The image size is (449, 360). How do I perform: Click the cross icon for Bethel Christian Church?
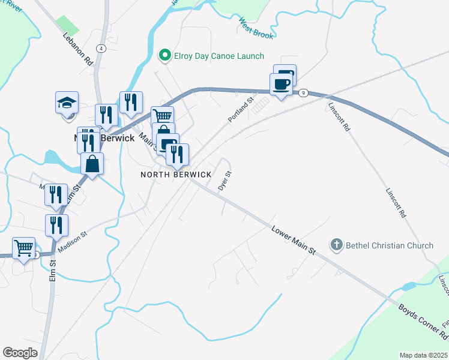tap(337, 245)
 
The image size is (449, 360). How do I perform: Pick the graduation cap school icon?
tap(67, 103)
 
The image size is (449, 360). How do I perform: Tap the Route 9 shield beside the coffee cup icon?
tap(304, 92)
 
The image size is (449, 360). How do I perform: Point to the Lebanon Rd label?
tap(78, 49)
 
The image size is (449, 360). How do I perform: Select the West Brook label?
tap(256, 28)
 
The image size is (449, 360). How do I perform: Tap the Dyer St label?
tap(224, 181)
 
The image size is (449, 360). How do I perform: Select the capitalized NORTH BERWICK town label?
tap(176, 175)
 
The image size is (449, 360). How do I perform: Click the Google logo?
tap(20, 353)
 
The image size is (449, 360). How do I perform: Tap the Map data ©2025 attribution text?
tap(424, 355)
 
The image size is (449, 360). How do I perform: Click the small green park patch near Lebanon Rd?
tap(68, 25)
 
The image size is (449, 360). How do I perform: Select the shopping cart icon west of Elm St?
tap(23, 247)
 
